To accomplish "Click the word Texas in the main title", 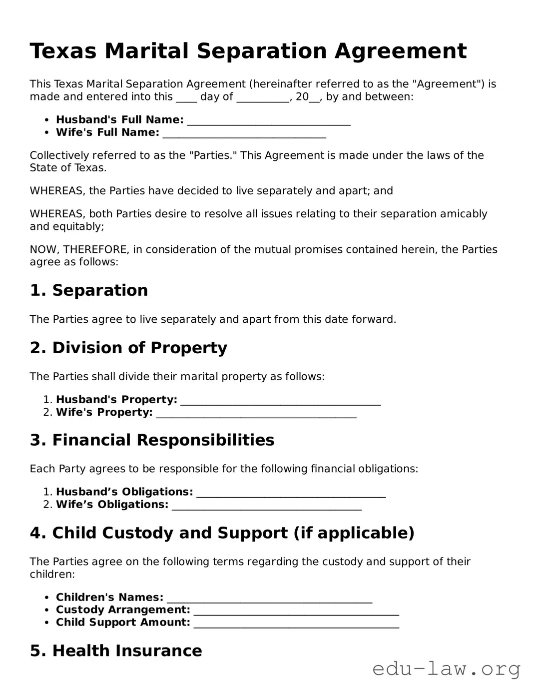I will click(x=63, y=51).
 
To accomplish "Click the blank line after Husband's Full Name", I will click(x=268, y=120).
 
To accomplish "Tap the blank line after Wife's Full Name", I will click(x=244, y=133).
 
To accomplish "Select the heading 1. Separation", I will click(x=89, y=290).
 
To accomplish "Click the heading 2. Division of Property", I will click(x=128, y=348).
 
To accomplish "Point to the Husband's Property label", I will click(x=116, y=400).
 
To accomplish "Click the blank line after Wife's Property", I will click(x=256, y=413).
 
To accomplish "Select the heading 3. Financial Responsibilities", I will click(x=152, y=440).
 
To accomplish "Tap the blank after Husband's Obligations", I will click(x=291, y=493).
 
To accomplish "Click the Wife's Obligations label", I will click(x=112, y=505).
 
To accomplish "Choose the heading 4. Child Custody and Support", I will click(x=222, y=533).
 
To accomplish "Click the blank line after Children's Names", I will click(x=269, y=598).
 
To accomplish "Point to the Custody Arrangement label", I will click(x=123, y=610).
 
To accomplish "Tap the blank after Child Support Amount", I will click(x=296, y=623).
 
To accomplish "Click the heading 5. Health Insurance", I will click(x=116, y=651).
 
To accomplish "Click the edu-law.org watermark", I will click(x=446, y=669).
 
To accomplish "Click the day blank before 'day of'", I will click(x=186, y=97).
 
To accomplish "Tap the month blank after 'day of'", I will click(x=263, y=97).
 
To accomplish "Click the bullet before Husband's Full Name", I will click(x=47, y=120).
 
